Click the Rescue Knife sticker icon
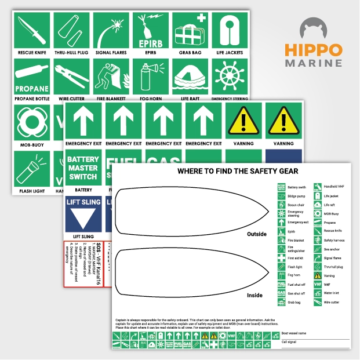click(31, 28)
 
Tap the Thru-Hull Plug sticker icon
click(71, 28)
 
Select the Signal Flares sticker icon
click(111, 28)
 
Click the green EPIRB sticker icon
click(150, 28)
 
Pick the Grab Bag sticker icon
click(190, 28)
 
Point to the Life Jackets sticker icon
click(230, 28)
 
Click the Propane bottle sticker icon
click(31, 75)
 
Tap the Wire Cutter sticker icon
click(71, 75)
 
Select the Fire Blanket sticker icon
click(111, 75)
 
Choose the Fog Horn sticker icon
click(150, 75)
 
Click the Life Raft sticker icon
click(190, 75)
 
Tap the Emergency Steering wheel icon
click(230, 75)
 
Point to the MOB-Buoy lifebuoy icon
click(31, 122)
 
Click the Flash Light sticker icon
click(31, 169)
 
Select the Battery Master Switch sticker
click(83, 168)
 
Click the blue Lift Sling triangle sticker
click(83, 214)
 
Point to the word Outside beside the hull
click(257, 234)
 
